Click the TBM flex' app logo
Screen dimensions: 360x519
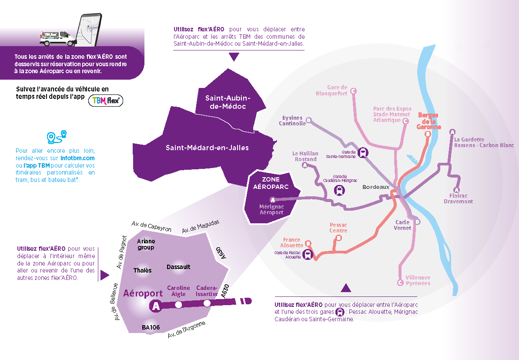[x=106, y=101]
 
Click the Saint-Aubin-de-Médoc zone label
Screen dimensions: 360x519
[x=225, y=102]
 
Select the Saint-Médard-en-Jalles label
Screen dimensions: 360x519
[x=207, y=148]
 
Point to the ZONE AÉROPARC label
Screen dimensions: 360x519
[x=271, y=183]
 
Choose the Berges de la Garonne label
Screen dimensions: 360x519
[x=429, y=121]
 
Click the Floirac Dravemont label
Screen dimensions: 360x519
[x=458, y=199]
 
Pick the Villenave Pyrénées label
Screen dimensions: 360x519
[x=418, y=280]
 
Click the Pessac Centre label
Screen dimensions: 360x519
[x=338, y=228]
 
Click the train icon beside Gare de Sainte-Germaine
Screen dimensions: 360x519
[x=362, y=152]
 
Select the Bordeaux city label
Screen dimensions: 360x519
[x=376, y=187]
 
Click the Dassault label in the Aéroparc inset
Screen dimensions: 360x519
[x=178, y=267]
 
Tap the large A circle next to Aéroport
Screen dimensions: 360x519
[x=155, y=306]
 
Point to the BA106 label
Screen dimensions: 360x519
[x=151, y=327]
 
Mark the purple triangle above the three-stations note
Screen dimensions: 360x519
[x=346, y=287]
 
